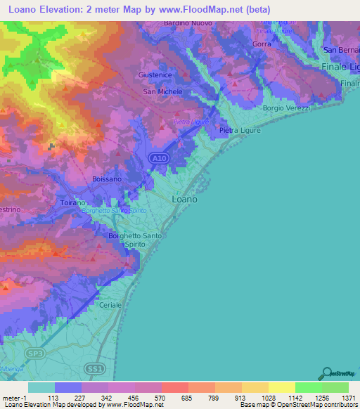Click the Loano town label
click(x=184, y=199)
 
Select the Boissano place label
click(x=108, y=179)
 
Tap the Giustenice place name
click(x=156, y=74)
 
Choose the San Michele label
click(x=163, y=91)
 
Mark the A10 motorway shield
click(x=160, y=160)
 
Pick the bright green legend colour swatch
click(x=309, y=387)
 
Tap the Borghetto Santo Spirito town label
click(x=135, y=240)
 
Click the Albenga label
click(x=11, y=368)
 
